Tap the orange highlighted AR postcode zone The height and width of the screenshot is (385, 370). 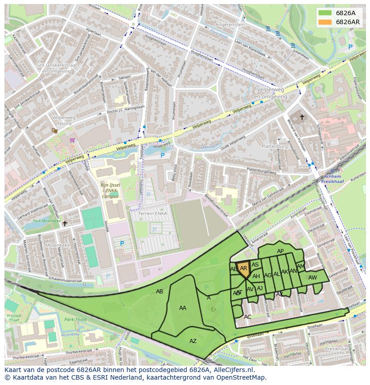pyautogui.click(x=244, y=270)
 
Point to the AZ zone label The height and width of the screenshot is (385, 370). pyautogui.click(x=193, y=341)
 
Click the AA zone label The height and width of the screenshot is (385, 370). pyautogui.click(x=182, y=308)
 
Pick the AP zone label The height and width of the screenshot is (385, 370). pyautogui.click(x=280, y=251)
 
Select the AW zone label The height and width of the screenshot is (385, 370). pyautogui.click(x=312, y=278)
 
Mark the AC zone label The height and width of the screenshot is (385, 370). pyautogui.click(x=248, y=317)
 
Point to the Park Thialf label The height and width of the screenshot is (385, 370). pyautogui.click(x=74, y=320)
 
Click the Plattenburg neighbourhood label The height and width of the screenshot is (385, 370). pyautogui.click(x=274, y=147)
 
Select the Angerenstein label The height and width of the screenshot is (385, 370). pyautogui.click(x=230, y=25)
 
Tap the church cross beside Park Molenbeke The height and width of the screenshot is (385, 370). pyautogui.click(x=65, y=223)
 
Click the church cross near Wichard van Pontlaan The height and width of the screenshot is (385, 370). pyautogui.click(x=302, y=118)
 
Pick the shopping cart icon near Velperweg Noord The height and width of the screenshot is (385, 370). pyautogui.click(x=72, y=140)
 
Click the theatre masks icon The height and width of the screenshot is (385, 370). pyautogui.click(x=55, y=131)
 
